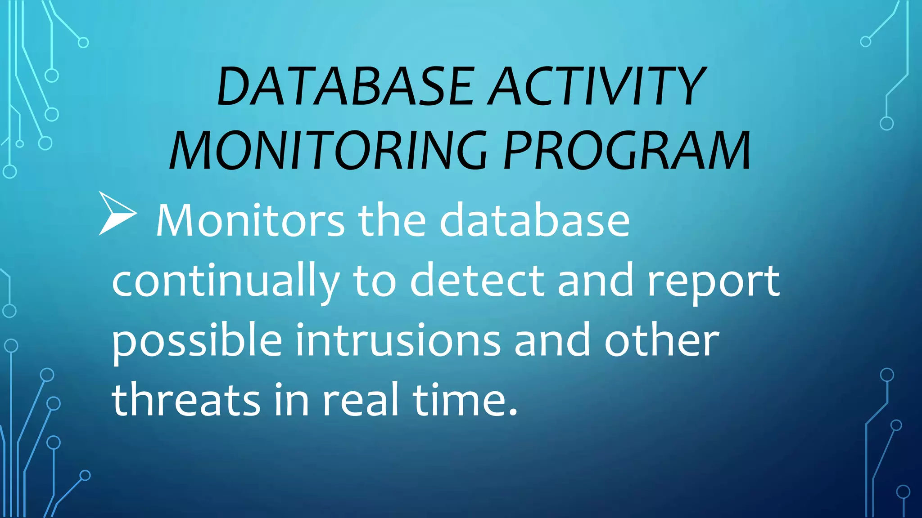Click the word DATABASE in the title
coord(344,86)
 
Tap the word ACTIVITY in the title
coord(597,86)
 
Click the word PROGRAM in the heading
coord(627,151)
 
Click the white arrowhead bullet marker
coord(117,214)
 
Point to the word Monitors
coord(250,220)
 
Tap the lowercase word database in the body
coord(534,220)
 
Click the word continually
coord(225,281)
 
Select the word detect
coord(477,281)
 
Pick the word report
coord(713,281)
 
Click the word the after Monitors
coord(392,220)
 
